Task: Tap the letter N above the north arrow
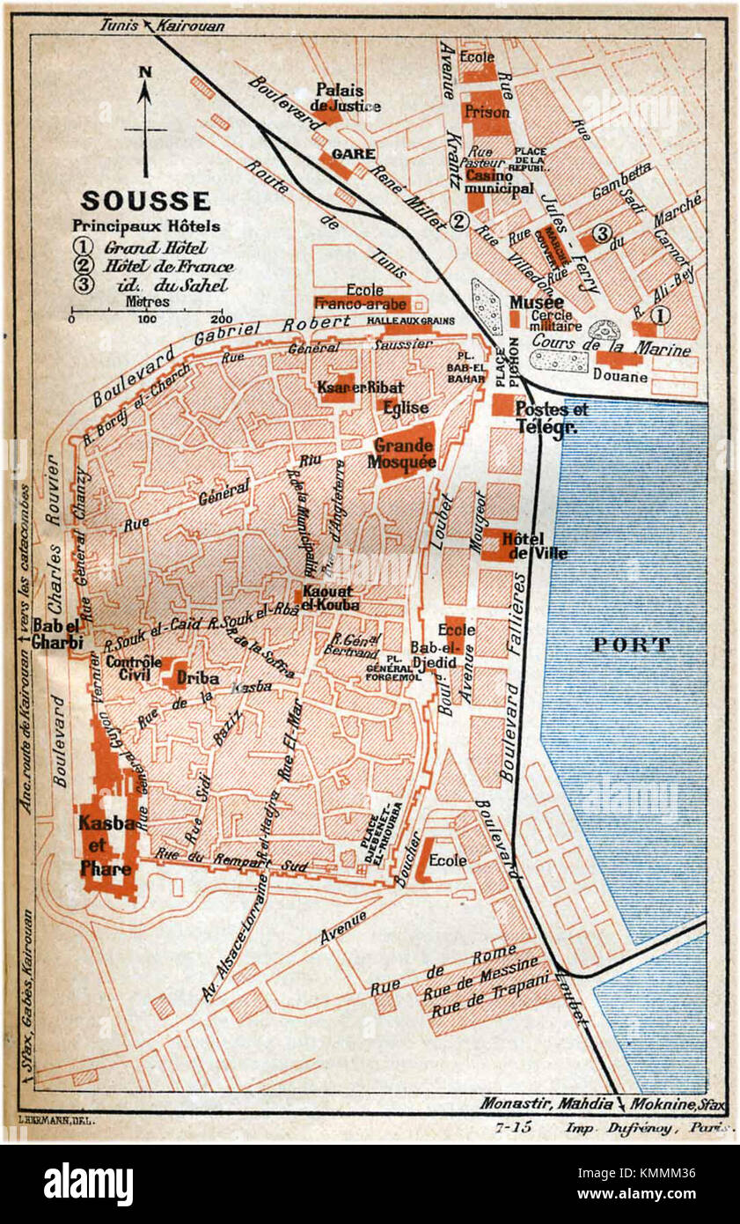click(x=145, y=72)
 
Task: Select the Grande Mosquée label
click(x=405, y=453)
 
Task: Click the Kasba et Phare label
click(x=106, y=846)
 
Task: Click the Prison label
click(x=487, y=113)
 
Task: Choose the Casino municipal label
click(x=499, y=181)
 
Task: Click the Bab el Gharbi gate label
click(x=58, y=635)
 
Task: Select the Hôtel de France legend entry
click(x=168, y=266)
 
